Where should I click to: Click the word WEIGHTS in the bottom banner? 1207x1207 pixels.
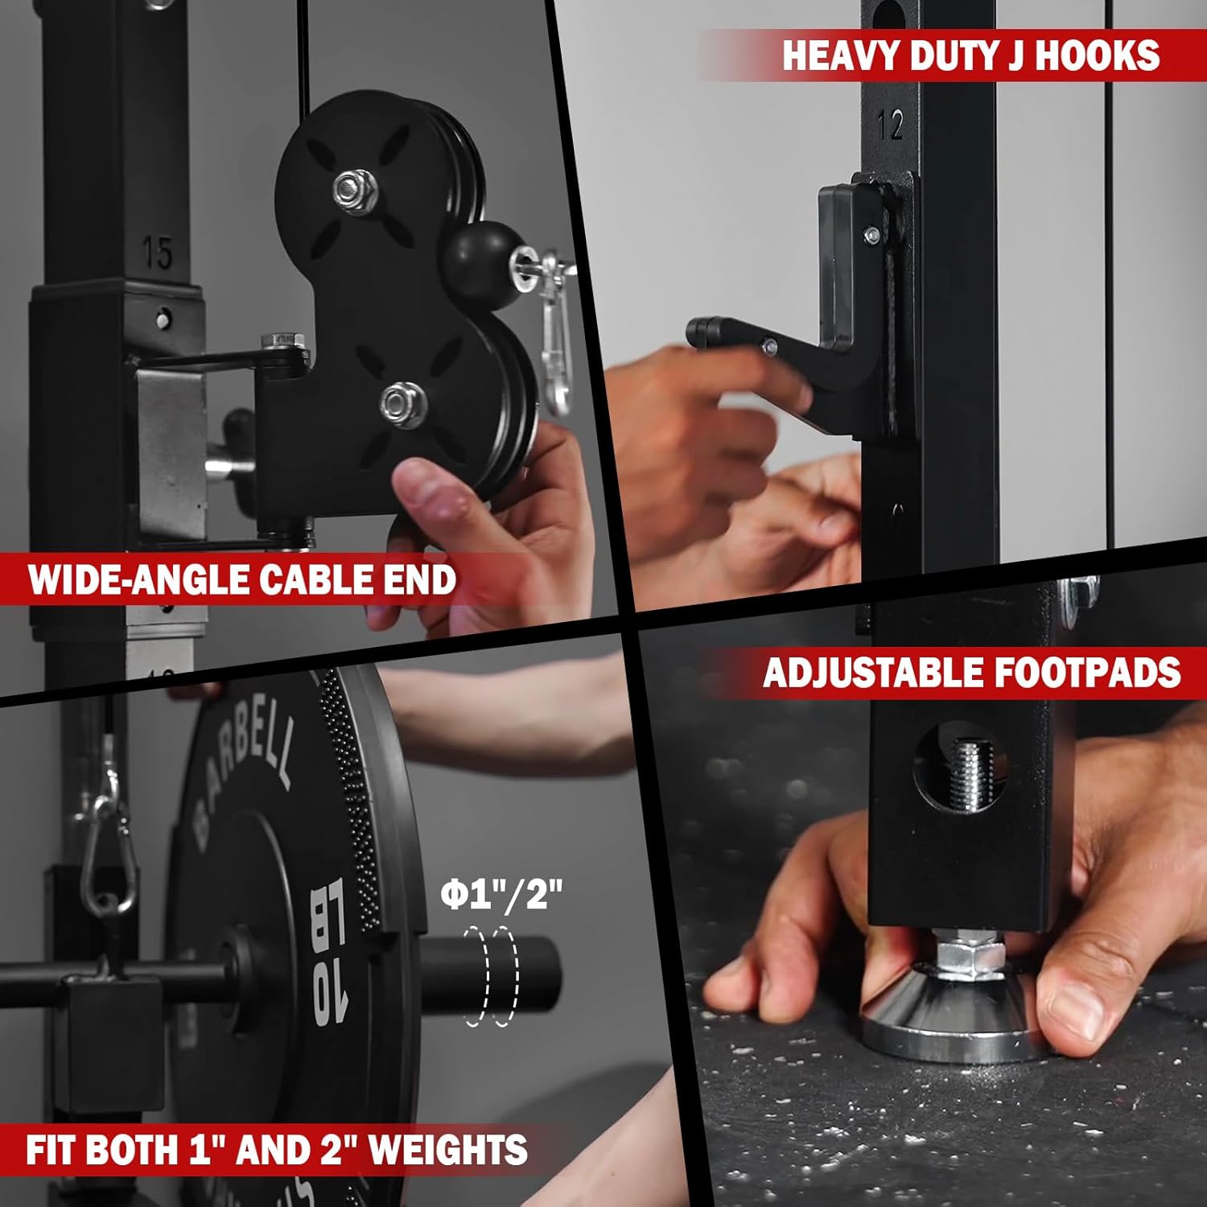(x=447, y=1149)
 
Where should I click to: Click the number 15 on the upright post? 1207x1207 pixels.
(x=158, y=253)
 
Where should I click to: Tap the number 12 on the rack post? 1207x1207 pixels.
(x=890, y=126)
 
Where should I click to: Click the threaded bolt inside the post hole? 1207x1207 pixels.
(x=972, y=775)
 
